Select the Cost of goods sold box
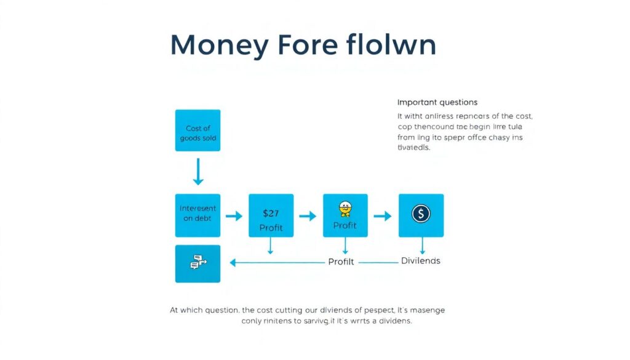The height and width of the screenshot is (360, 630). point(197,130)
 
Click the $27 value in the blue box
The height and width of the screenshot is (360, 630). point(271,214)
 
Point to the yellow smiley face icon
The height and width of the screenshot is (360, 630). point(345,209)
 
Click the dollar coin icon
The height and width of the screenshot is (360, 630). point(421,214)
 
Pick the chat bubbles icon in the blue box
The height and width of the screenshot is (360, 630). point(197,263)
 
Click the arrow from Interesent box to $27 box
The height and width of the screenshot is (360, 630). point(234,216)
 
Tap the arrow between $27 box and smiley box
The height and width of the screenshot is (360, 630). point(308,216)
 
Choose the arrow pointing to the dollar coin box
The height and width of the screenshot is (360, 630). point(383,216)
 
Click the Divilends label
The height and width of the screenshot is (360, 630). point(420,261)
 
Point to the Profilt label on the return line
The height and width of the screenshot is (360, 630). point(341,262)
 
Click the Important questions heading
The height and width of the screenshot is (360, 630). point(437,102)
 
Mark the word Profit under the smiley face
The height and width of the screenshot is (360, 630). point(345,225)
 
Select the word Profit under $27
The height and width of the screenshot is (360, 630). point(271,228)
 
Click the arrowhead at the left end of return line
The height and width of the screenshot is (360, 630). point(233,263)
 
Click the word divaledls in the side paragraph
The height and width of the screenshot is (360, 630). point(414,148)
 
